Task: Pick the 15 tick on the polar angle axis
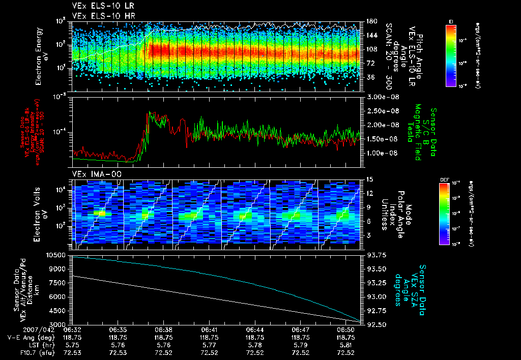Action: point(369,179)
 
